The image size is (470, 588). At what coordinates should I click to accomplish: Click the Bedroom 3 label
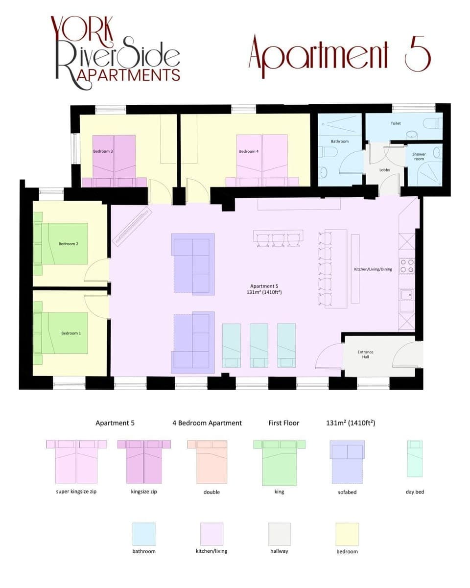click(103, 152)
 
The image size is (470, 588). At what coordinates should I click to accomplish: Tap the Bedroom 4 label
click(249, 152)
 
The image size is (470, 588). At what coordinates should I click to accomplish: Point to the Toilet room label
click(396, 123)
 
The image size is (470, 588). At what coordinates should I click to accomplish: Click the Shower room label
click(419, 157)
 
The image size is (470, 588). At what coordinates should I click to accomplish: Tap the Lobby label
click(385, 170)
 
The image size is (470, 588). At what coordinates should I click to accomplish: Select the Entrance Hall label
click(365, 354)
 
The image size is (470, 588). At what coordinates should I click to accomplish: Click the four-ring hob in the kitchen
click(407, 266)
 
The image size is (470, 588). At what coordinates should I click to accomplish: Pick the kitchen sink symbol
click(406, 295)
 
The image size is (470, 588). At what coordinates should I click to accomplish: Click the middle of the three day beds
click(259, 345)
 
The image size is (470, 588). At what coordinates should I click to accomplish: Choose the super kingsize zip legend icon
click(76, 461)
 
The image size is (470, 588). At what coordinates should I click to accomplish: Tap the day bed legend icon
click(415, 459)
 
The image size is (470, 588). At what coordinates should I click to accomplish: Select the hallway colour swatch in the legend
click(279, 534)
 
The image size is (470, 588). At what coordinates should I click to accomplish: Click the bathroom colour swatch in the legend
click(144, 534)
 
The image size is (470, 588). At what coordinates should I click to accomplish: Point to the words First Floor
click(283, 423)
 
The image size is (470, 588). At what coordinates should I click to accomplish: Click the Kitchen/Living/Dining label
click(373, 269)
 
